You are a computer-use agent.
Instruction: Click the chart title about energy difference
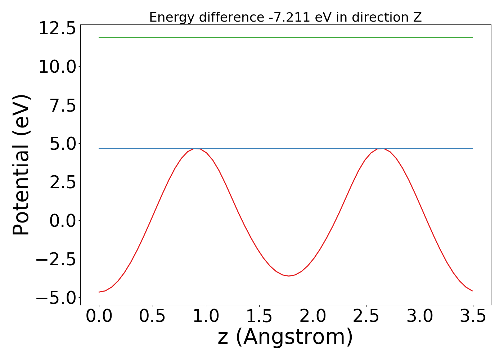[x=285, y=17]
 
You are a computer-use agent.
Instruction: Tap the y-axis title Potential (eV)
[x=21, y=165]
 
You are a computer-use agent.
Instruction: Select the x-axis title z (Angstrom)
[x=285, y=337]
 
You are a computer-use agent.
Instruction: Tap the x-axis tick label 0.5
[x=152, y=316]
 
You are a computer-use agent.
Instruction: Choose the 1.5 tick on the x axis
[x=259, y=316]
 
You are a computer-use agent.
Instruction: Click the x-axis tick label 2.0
[x=312, y=316]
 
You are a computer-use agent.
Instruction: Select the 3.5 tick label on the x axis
[x=472, y=316]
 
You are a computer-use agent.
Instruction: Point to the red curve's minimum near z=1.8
[x=289, y=276]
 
